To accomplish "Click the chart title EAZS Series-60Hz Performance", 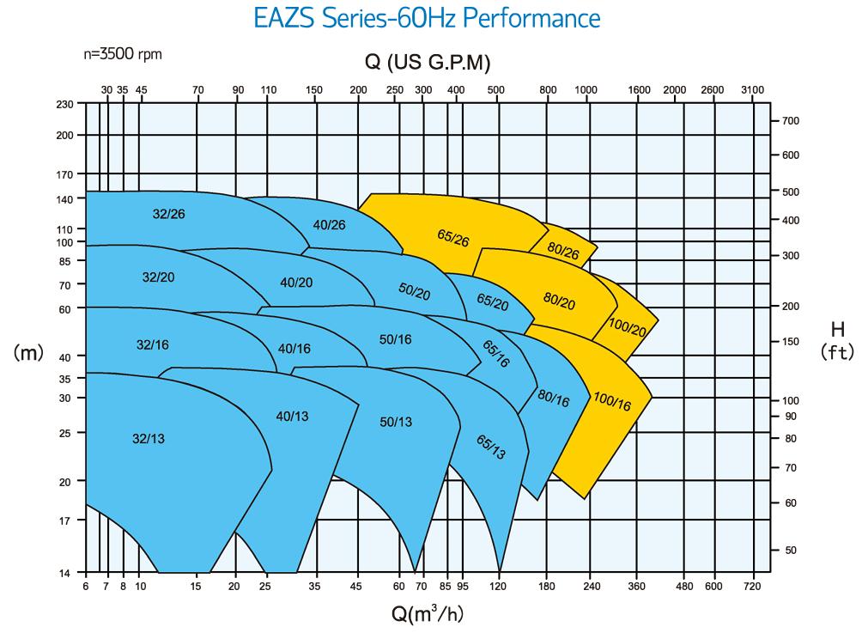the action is coord(427,18).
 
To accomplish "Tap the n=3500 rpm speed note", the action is coord(123,54).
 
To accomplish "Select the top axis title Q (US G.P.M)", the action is coord(428,62).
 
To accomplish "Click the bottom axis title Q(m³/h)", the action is coord(428,612).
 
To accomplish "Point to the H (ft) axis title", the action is coord(837,340).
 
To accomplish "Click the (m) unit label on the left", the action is coord(28,352).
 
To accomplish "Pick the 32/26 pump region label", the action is coord(169,214).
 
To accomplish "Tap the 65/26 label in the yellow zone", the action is coord(453,238).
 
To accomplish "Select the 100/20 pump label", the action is coord(627,327).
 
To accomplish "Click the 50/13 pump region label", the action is coord(396,422).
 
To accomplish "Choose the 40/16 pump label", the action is coord(294,349).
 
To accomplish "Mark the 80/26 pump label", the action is coord(563,250).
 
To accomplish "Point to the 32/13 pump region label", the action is coord(149,438).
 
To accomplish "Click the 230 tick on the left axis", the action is coord(64,104).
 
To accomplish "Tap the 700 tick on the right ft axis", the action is coord(791,121).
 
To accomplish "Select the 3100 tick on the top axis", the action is coord(752,89).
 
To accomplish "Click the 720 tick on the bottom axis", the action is coord(752,587).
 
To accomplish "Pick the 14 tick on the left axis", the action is coord(64,573).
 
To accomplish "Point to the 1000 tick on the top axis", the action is coord(586,89).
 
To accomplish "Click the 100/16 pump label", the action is coord(612,401).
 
